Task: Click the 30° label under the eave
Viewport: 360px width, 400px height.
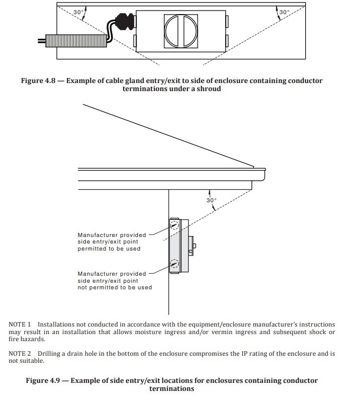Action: [x=211, y=200]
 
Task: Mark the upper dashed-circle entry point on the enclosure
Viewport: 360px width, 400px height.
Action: [x=174, y=225]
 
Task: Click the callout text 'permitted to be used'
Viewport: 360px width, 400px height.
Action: [x=109, y=249]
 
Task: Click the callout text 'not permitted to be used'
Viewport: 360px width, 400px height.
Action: [x=115, y=288]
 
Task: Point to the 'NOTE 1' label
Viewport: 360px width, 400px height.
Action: [x=20, y=325]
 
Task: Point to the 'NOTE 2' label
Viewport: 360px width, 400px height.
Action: [x=20, y=353]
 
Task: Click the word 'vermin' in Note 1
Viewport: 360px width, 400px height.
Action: [x=247, y=332]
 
